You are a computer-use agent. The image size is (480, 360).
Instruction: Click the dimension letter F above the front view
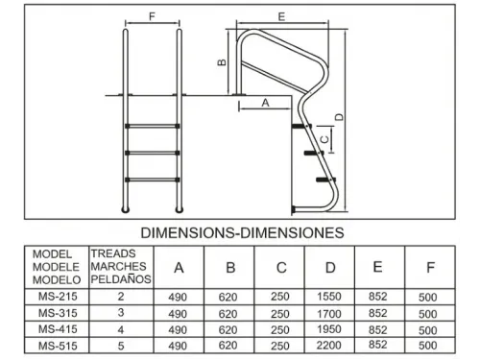point(153,16)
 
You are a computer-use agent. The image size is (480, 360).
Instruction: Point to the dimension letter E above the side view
point(281,16)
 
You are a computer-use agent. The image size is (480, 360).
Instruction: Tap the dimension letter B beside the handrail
point(222,62)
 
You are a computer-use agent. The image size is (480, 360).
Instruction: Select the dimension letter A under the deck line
point(265,103)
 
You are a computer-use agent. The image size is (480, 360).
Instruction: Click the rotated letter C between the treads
point(324,139)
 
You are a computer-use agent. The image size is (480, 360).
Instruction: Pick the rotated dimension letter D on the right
point(340,117)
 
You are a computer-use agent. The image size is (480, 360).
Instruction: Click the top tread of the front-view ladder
point(153,126)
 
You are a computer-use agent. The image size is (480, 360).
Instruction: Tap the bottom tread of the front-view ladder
point(153,180)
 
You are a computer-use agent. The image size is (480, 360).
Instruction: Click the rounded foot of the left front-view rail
point(126,210)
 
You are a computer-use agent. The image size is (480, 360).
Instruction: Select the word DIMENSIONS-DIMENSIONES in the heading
point(242,232)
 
